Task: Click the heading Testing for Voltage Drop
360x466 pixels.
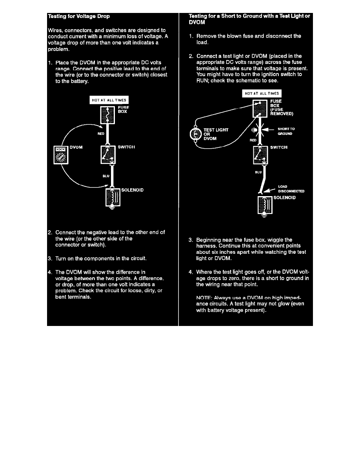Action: point(78,16)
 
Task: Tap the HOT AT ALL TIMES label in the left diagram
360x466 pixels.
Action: point(109,100)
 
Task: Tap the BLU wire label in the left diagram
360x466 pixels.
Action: point(105,176)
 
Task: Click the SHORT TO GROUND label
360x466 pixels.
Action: point(286,131)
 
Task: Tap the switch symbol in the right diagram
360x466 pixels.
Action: point(260,154)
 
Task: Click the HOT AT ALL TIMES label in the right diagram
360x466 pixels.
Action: point(262,93)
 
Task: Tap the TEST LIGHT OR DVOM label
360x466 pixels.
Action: point(216,134)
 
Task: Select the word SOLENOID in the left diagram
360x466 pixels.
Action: point(132,190)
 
